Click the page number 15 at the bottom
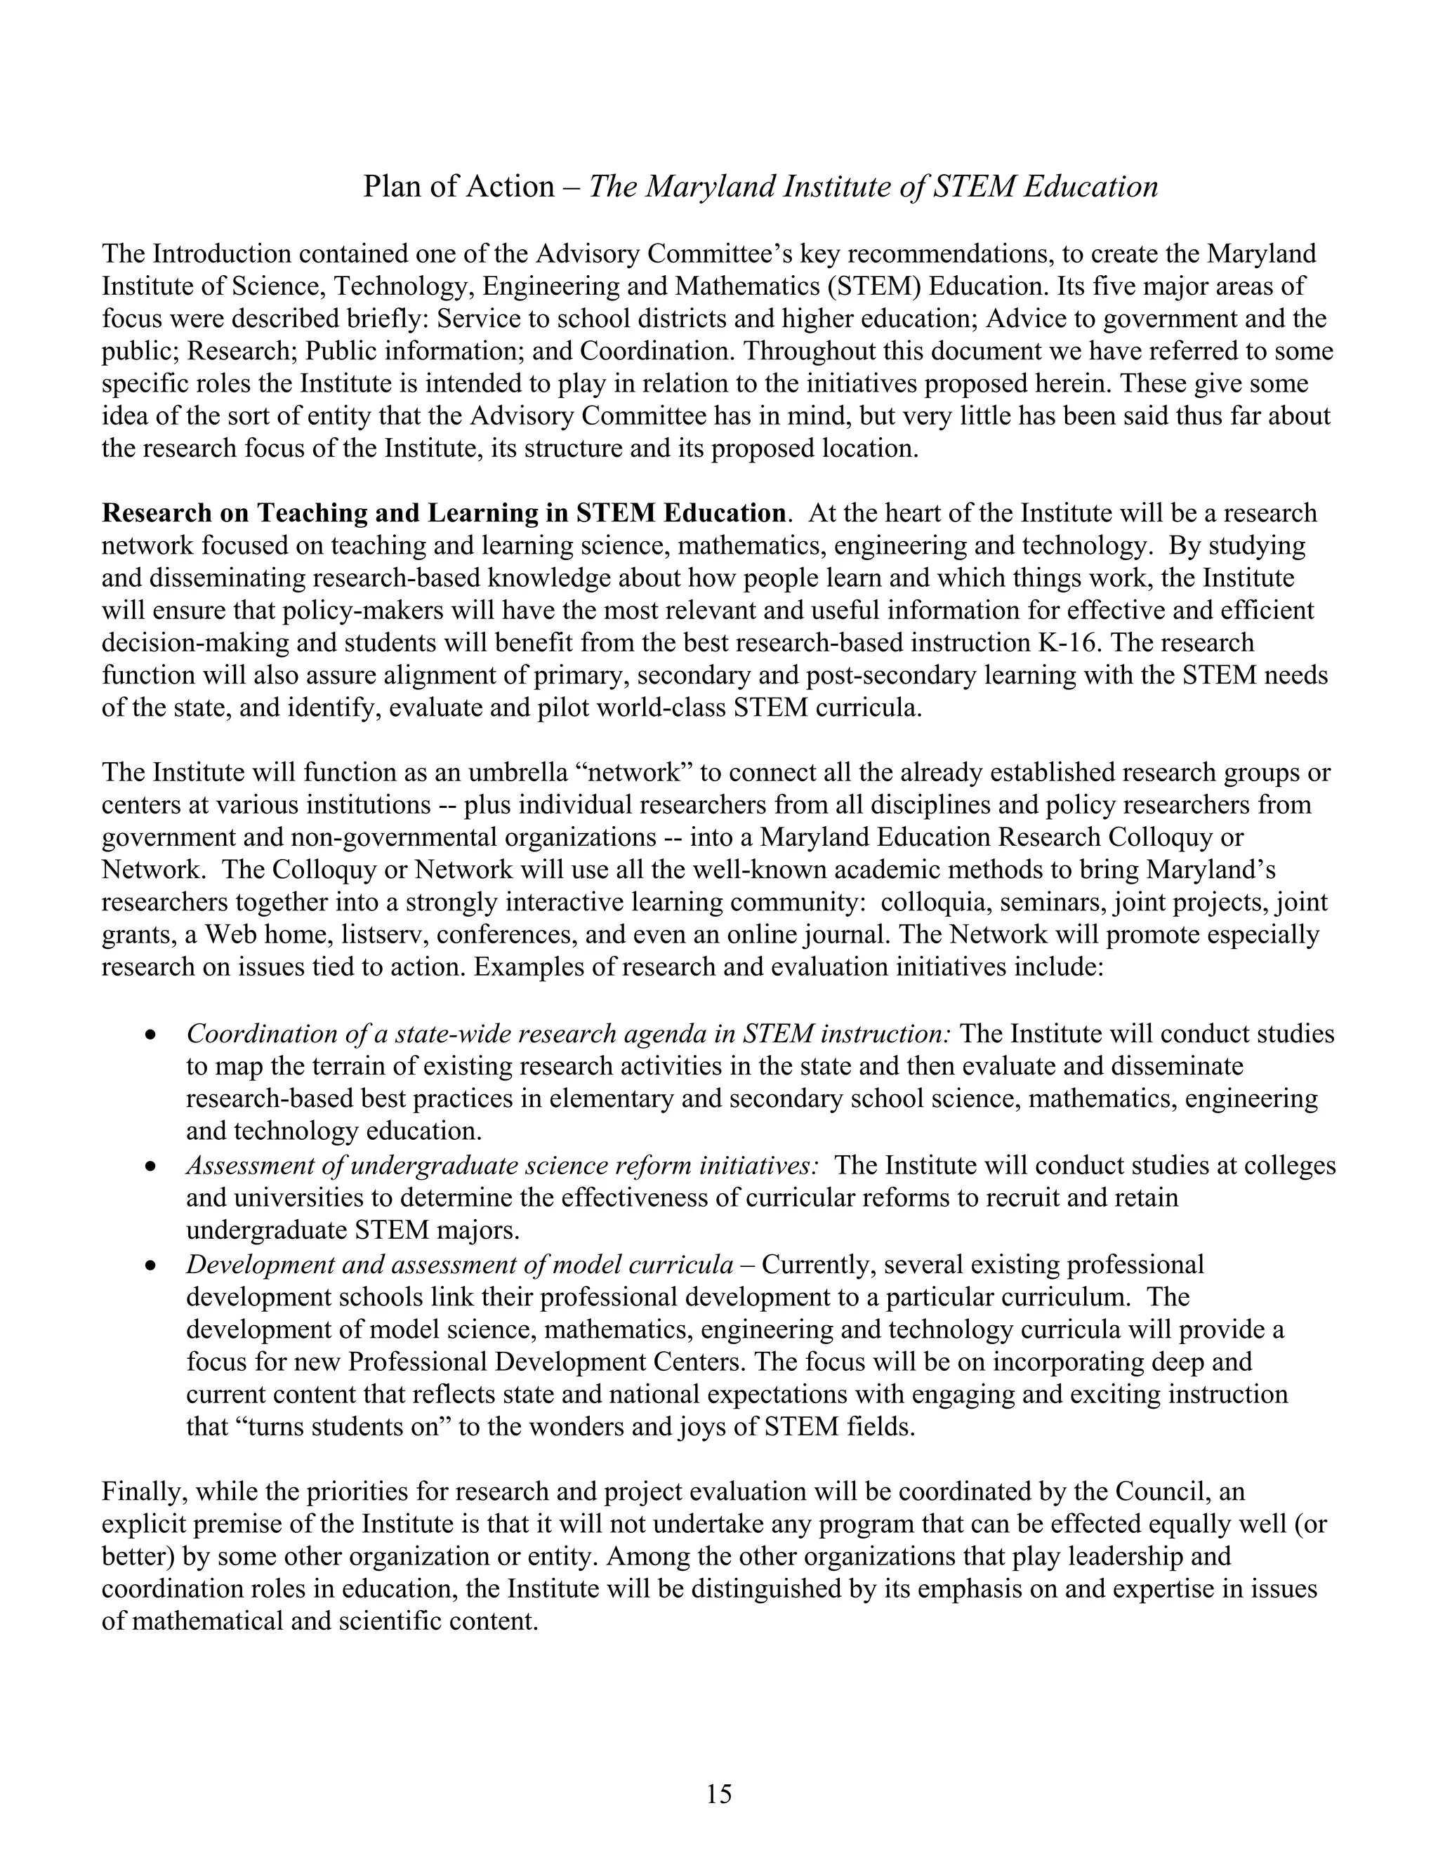(x=718, y=1795)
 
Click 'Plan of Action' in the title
(x=459, y=187)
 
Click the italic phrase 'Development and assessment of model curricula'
(x=459, y=1265)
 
